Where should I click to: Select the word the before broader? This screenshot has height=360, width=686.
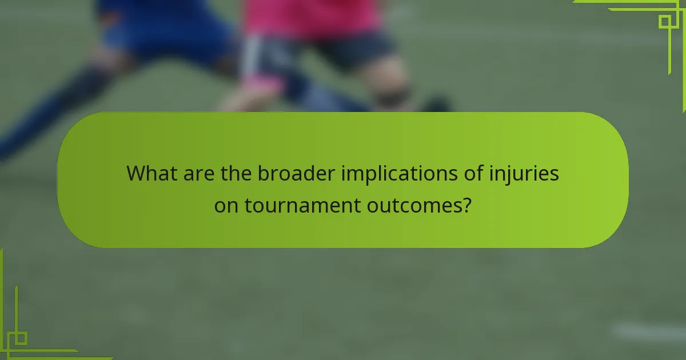click(x=234, y=173)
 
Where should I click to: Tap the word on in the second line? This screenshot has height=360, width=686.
click(x=227, y=205)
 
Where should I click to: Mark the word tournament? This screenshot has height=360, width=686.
click(x=301, y=205)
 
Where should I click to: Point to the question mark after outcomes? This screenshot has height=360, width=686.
click(x=466, y=205)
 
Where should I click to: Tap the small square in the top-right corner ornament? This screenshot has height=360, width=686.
click(x=665, y=22)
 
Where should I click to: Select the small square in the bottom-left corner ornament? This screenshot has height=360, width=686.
click(x=21, y=338)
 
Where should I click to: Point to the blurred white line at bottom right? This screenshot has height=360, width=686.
click(x=649, y=331)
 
